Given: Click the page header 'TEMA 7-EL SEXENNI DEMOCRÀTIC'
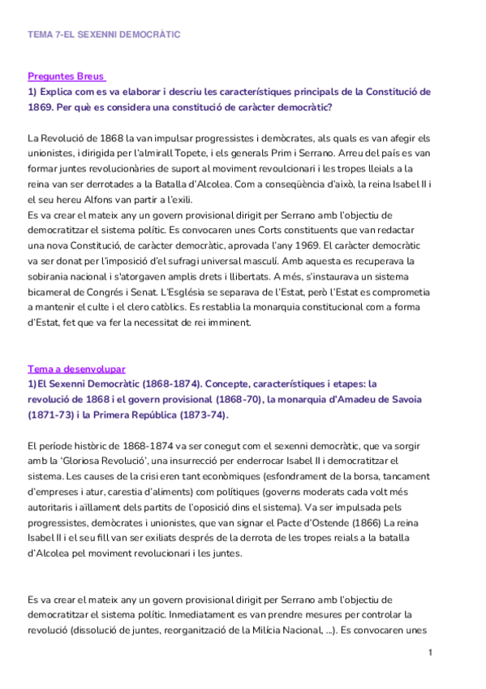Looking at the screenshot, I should pos(103,36).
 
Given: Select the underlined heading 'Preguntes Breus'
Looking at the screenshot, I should pos(66,76).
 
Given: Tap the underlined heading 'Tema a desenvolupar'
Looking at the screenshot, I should pos(76,368).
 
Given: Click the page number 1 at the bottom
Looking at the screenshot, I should pos(430,652).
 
